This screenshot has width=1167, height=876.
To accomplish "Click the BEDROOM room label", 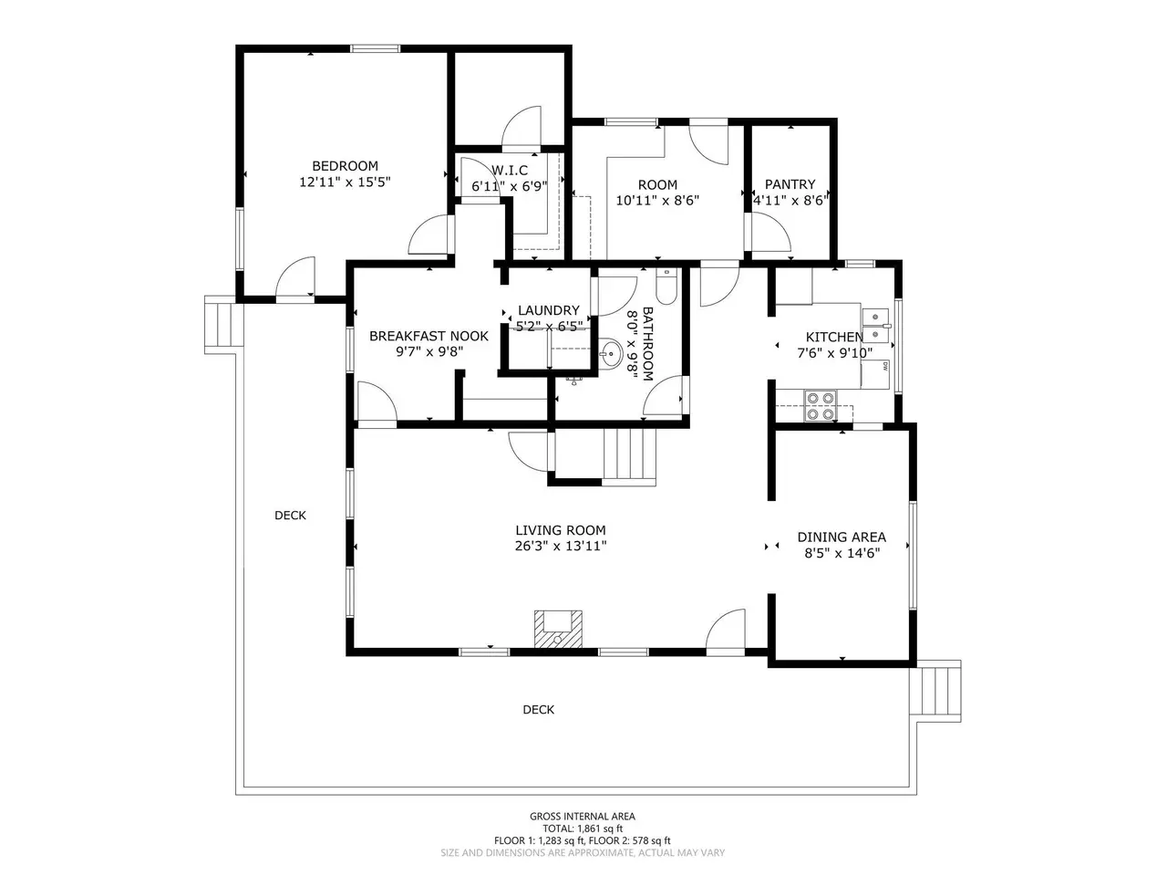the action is [x=345, y=166].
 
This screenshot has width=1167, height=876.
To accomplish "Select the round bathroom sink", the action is [x=612, y=352].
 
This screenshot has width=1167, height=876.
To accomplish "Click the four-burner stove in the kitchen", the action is [x=821, y=405].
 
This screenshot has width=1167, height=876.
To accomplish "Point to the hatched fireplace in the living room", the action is [x=558, y=630].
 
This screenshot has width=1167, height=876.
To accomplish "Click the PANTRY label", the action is [x=790, y=184].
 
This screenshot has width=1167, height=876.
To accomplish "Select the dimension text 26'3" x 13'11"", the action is [x=561, y=546].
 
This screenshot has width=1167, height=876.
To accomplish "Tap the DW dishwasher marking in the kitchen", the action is [x=885, y=365].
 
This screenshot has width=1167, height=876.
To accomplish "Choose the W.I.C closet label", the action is [x=510, y=171].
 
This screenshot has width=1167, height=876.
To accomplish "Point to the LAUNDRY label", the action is [x=549, y=310].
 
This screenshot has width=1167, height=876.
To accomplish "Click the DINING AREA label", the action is [x=842, y=537].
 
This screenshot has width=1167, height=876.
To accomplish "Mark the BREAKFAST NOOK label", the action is [x=429, y=336].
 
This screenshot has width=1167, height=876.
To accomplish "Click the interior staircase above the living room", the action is [x=629, y=457].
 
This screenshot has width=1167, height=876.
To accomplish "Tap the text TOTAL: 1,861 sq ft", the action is [x=583, y=829].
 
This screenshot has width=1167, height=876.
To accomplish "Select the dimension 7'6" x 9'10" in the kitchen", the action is [x=835, y=353].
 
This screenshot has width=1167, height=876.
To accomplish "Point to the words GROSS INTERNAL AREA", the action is [x=583, y=816].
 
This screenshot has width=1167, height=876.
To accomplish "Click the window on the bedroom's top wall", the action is [x=375, y=49].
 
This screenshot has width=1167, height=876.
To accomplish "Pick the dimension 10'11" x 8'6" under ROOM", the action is [x=657, y=201].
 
